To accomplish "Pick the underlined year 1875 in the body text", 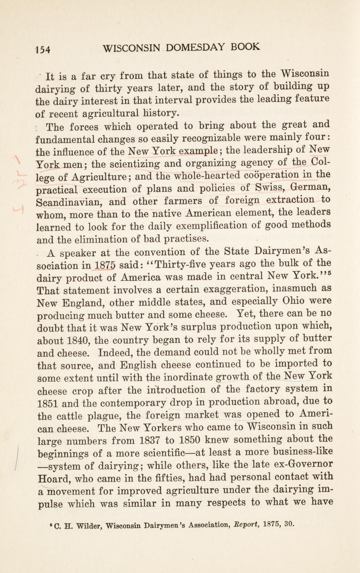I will coord(105,265).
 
